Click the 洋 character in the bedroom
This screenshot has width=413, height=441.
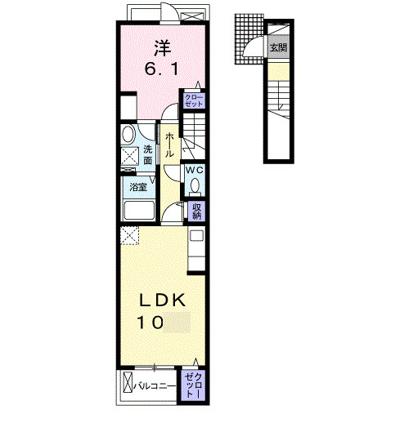pos(160,47)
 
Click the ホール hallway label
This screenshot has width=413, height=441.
pos(169,146)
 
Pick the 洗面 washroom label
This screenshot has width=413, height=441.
pos(148,154)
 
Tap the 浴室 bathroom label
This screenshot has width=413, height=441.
pos(138,187)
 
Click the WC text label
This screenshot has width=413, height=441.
pos(195,170)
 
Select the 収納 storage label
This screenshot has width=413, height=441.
pos(197,212)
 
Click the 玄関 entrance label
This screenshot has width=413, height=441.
pos(278,47)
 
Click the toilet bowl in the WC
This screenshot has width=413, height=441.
pos(195,185)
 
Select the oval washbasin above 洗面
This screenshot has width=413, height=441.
pos(128,134)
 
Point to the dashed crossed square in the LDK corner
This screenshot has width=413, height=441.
pos(129,235)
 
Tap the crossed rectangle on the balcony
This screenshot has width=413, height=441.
pos(129,382)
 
